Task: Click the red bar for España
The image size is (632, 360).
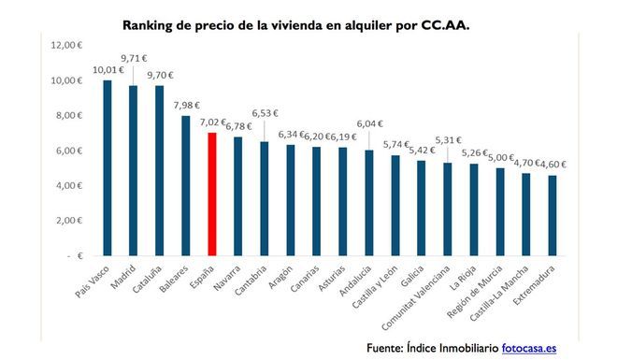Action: (211, 194)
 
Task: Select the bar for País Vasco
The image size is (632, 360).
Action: (107, 167)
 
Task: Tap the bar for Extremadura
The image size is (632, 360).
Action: (553, 214)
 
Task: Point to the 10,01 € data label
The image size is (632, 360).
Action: (107, 68)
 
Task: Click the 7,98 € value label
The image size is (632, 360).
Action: (185, 104)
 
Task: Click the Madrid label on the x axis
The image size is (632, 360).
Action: (127, 278)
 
